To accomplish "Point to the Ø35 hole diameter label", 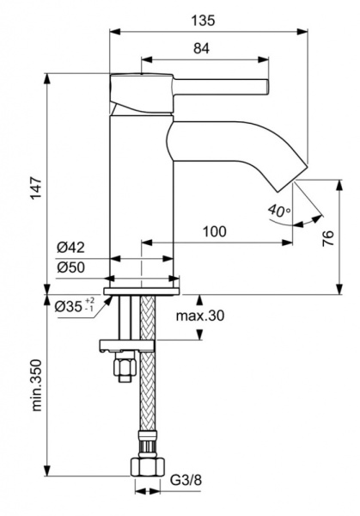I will [x=72, y=306].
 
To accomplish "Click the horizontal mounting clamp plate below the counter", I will [x=129, y=347].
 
